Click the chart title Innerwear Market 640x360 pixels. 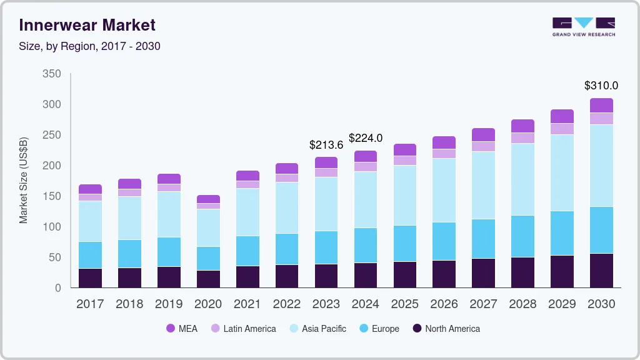pos(87,25)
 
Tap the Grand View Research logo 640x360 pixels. pos(583,26)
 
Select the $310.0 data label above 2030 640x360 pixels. pos(601,86)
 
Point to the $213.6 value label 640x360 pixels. pos(326,145)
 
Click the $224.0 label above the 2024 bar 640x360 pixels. pos(365,138)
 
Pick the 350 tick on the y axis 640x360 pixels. pos(52,74)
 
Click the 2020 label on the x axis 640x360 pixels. pos(208,304)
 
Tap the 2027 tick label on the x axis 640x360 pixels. pos(483,304)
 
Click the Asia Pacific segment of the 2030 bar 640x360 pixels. pos(601,166)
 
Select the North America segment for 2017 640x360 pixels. pos(90,278)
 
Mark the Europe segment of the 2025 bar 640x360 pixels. pos(404,244)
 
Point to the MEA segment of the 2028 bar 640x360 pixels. pos(522,126)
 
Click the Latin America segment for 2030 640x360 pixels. pos(601,119)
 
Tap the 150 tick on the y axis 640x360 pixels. pos(52,196)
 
